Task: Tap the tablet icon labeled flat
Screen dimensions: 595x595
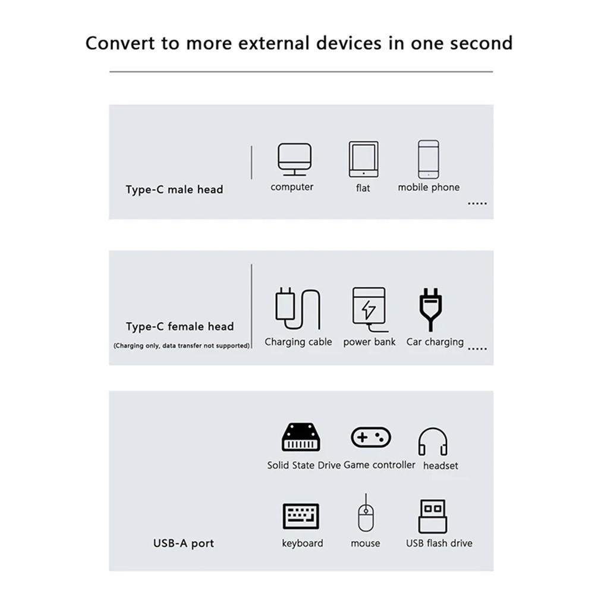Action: click(363, 159)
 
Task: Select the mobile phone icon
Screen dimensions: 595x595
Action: click(428, 159)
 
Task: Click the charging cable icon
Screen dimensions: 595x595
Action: click(297, 308)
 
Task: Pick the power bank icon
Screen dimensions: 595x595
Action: click(369, 308)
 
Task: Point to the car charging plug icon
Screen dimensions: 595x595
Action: click(430, 308)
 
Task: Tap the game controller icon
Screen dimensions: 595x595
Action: click(370, 438)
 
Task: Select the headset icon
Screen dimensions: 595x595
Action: click(432, 442)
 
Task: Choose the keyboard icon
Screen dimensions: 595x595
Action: click(301, 517)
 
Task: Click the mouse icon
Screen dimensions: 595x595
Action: click(365, 515)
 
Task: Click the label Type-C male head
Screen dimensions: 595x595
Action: click(174, 190)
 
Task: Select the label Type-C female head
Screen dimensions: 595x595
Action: click(180, 326)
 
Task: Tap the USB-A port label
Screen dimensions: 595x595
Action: click(183, 543)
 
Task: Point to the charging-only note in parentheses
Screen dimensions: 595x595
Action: click(181, 345)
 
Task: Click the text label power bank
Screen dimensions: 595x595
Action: click(369, 342)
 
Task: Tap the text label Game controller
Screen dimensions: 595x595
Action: click(379, 465)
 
